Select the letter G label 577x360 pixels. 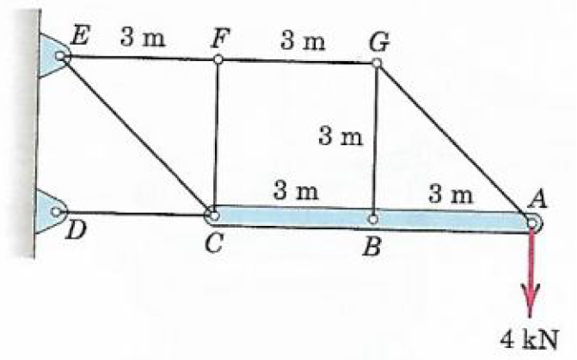click(x=377, y=40)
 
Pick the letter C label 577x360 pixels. click(x=214, y=242)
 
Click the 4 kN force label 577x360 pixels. click(x=531, y=337)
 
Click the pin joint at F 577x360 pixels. click(x=218, y=59)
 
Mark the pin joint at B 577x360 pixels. click(x=372, y=218)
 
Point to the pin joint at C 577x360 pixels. click(x=212, y=212)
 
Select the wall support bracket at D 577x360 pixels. click(x=49, y=210)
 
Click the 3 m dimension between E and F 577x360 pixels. click(x=142, y=39)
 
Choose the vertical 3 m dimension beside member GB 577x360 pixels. click(x=341, y=136)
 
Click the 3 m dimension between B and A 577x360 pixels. click(x=451, y=195)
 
